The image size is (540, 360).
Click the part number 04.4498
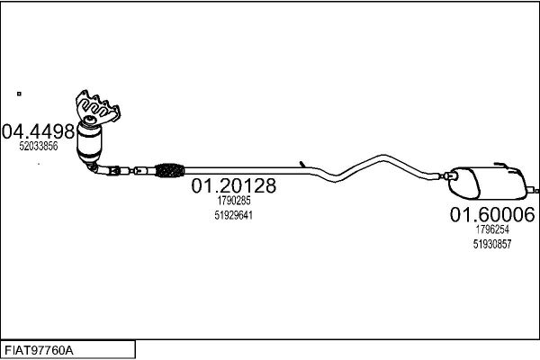point(38,131)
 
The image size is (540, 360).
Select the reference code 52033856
point(38,146)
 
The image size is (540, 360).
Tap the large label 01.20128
point(233,185)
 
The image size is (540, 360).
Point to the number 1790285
point(233,201)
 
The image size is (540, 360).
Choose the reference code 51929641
point(233,215)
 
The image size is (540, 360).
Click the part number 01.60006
point(492,214)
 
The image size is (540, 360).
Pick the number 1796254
point(492,229)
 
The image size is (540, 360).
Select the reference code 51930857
point(492,244)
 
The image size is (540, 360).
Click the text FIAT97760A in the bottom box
point(39,351)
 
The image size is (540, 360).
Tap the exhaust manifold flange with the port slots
point(97,107)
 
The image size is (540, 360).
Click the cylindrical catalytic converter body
point(89,141)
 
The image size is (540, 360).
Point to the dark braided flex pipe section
point(169,170)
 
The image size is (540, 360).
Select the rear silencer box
point(487,183)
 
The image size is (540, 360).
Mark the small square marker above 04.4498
point(19,94)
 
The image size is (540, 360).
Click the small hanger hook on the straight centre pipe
point(302,165)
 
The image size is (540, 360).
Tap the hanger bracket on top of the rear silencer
point(508,166)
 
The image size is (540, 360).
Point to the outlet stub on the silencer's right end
point(532,190)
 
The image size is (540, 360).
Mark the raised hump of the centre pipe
point(382,157)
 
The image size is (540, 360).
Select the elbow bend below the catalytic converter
point(94,167)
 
